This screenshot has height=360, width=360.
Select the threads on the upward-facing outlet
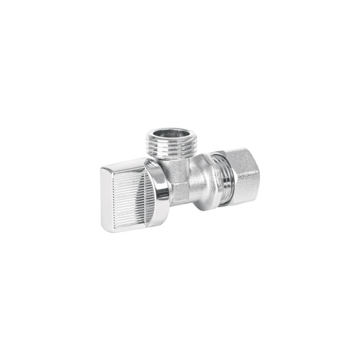[171, 148]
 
